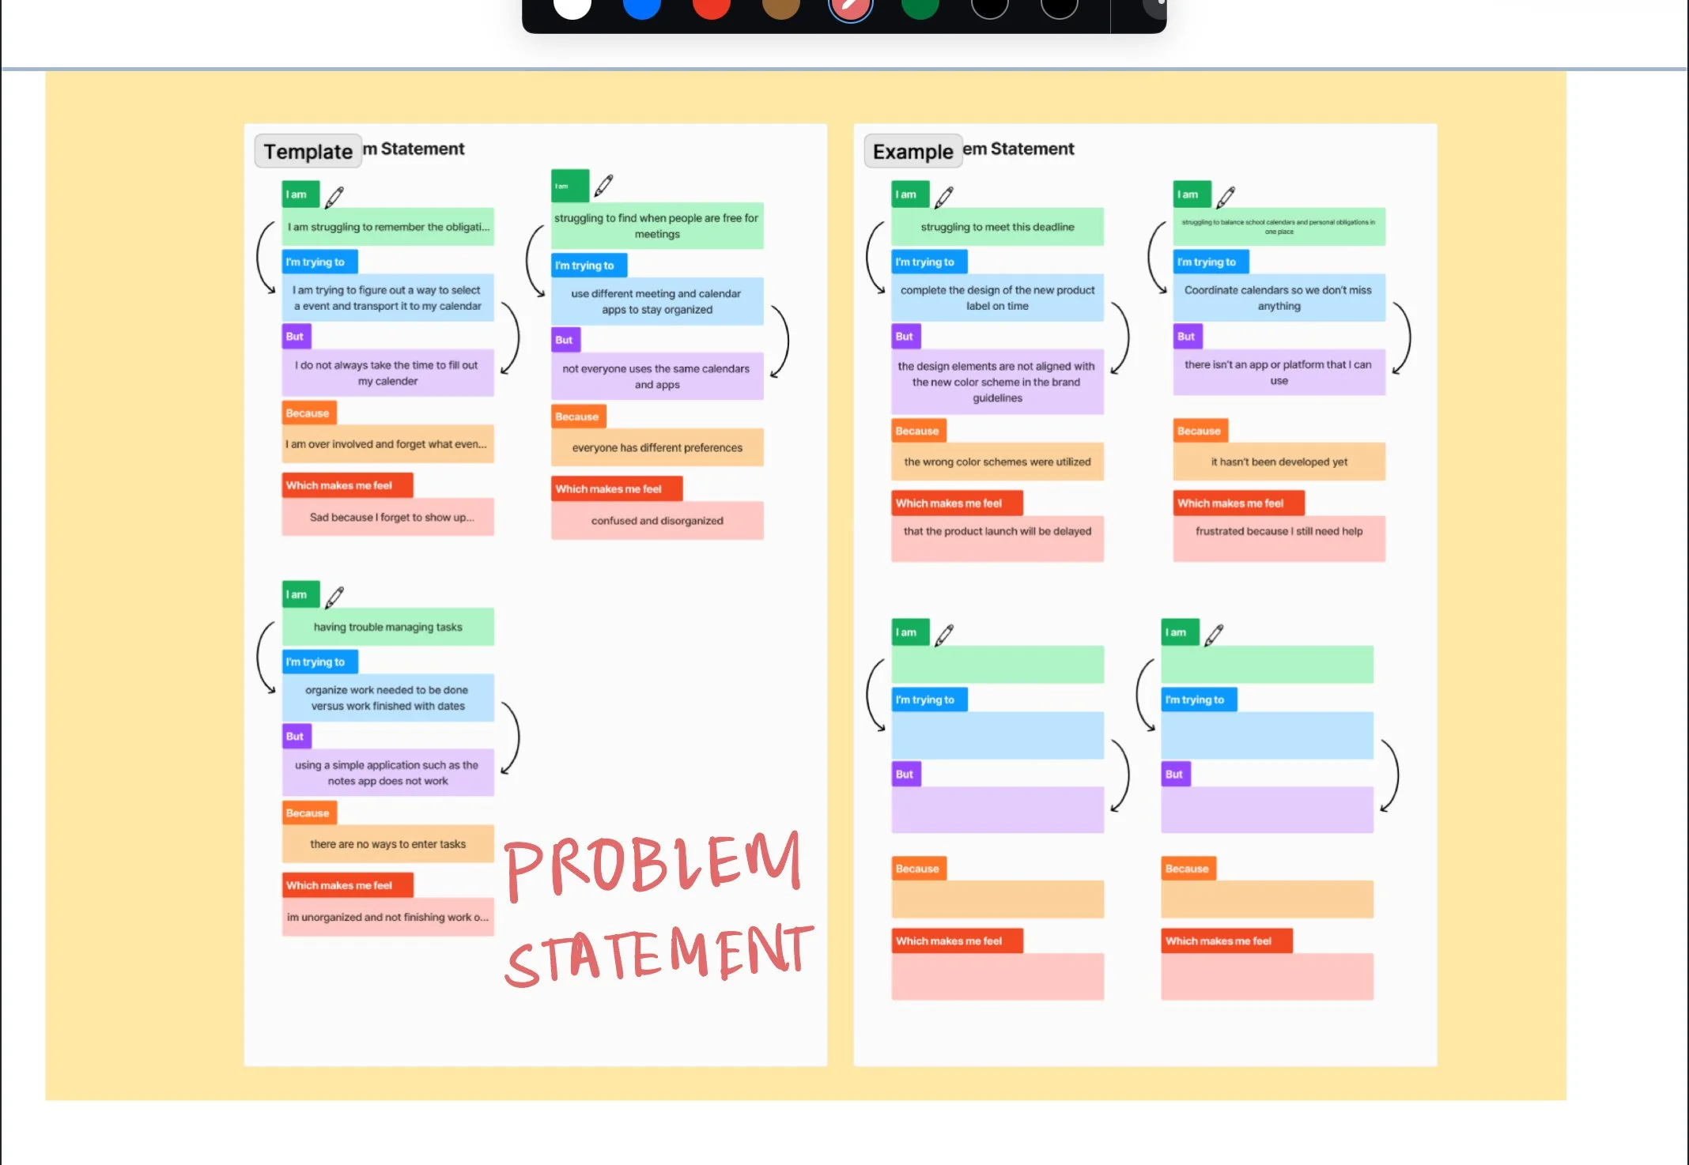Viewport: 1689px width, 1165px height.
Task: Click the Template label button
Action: [x=308, y=151]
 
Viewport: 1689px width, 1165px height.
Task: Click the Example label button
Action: [x=913, y=151]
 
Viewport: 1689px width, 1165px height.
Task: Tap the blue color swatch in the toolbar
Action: [x=641, y=8]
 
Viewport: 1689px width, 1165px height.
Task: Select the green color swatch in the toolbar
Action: [x=920, y=8]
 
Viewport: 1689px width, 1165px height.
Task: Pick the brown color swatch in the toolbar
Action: [x=780, y=8]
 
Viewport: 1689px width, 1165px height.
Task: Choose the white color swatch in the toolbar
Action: [x=572, y=8]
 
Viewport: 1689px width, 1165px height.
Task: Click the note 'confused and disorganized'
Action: [x=657, y=521]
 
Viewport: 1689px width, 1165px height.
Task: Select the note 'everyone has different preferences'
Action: [x=657, y=447]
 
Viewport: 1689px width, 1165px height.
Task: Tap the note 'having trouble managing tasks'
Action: [x=387, y=627]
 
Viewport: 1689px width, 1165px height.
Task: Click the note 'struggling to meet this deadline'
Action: [x=997, y=227]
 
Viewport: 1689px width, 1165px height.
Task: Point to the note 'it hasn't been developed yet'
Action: [x=1279, y=462]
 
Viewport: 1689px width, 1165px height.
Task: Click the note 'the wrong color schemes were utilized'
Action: [x=997, y=462]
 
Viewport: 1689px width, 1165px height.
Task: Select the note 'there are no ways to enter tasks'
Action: [x=387, y=844]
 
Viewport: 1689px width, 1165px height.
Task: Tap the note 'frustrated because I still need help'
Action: [x=1279, y=532]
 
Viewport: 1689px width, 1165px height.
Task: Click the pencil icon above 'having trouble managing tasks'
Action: [x=334, y=597]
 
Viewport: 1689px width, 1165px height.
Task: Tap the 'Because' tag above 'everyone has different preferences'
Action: [x=576, y=417]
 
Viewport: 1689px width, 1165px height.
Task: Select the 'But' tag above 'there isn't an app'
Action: [x=1186, y=337]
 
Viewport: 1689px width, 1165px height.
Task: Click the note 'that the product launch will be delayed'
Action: [x=997, y=532]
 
